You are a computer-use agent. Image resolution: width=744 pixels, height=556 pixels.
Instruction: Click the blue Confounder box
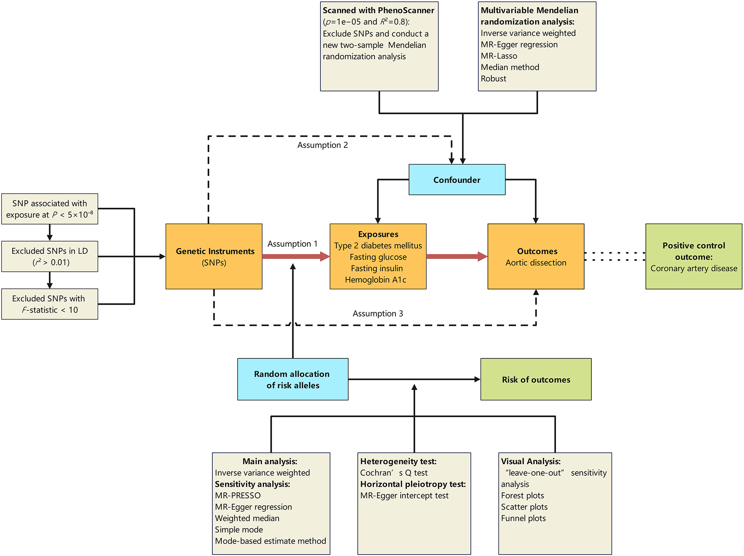(x=457, y=180)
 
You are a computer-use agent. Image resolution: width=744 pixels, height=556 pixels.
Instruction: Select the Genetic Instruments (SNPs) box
(x=214, y=256)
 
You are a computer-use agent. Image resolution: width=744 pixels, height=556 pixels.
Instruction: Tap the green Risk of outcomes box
(x=536, y=379)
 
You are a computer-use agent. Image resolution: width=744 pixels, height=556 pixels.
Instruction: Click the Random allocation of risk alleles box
(x=293, y=379)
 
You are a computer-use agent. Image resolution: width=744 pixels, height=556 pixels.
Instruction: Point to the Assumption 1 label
(x=292, y=244)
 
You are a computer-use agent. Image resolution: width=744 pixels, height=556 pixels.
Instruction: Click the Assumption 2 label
(x=322, y=145)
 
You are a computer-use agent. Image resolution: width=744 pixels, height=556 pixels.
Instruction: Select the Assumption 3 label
(x=378, y=313)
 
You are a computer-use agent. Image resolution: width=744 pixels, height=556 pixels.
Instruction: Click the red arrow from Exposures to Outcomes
(x=456, y=256)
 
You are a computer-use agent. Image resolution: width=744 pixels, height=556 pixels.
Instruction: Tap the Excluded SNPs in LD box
(x=49, y=256)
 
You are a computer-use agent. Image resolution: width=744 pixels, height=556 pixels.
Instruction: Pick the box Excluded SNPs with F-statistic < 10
(x=49, y=304)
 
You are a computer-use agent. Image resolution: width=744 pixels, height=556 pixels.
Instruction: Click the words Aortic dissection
(x=536, y=263)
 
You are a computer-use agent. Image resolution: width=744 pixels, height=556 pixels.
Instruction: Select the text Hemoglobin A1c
(x=376, y=280)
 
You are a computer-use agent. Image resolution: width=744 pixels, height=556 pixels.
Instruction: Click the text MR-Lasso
(x=499, y=56)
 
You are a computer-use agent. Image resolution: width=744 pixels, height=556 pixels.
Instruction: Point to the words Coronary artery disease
(x=694, y=268)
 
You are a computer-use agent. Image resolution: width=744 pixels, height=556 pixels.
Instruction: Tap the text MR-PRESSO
(x=238, y=495)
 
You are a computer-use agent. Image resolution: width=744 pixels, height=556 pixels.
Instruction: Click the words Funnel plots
(x=523, y=518)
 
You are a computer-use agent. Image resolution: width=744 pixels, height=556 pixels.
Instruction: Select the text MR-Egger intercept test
(x=404, y=495)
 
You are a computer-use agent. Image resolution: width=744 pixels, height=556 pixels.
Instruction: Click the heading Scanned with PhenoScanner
(x=378, y=10)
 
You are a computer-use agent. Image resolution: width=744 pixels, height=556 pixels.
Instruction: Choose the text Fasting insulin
(x=377, y=268)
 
